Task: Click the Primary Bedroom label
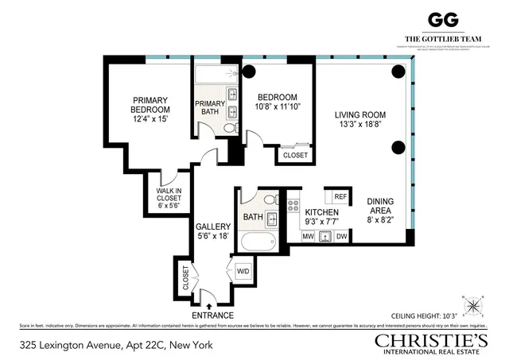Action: (x=150, y=105)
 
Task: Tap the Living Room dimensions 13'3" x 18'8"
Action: (x=360, y=123)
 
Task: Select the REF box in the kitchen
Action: (x=340, y=196)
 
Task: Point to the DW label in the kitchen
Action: (x=342, y=236)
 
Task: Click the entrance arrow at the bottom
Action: (x=208, y=304)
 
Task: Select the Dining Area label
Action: (x=379, y=206)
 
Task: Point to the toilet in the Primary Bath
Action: (x=229, y=127)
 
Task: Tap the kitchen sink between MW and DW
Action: (x=324, y=236)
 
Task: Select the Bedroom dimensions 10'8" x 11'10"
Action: (x=278, y=106)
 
